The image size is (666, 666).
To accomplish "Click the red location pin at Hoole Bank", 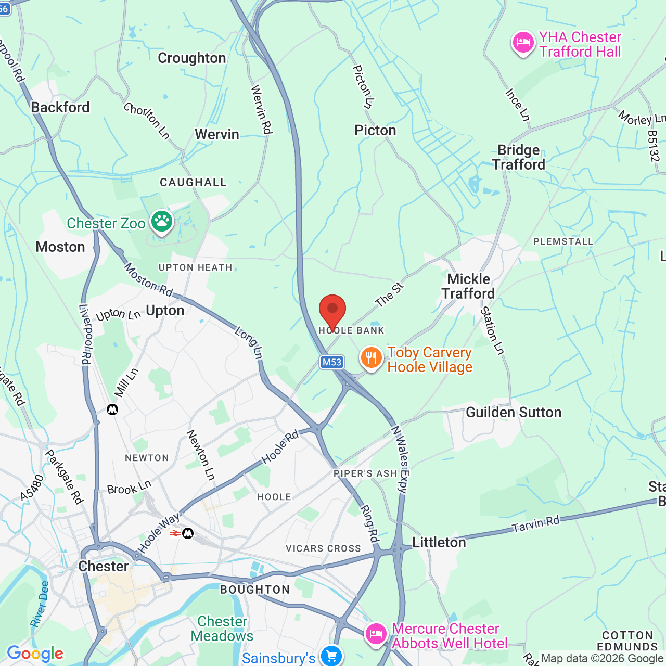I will point(332,311).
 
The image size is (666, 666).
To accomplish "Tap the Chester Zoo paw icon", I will point(161,222).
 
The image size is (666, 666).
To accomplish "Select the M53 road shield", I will point(332,362).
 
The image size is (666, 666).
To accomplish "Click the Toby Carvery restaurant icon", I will point(371,358).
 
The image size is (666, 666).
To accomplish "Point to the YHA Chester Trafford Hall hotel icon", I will point(523,43).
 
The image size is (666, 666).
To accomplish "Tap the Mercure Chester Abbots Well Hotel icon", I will point(376,634).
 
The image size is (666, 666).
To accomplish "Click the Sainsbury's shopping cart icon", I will point(331,656).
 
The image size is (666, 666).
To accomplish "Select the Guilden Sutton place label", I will point(514,413).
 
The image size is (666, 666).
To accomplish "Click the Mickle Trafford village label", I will point(468,286).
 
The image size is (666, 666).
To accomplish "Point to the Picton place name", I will point(375,130).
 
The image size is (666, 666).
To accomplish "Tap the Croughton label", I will point(191,58).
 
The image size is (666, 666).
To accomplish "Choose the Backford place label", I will point(60,107).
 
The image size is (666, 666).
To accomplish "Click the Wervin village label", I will point(217,134).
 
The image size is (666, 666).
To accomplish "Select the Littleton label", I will point(439,543).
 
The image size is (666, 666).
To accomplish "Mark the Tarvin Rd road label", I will point(536,524).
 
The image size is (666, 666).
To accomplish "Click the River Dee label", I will point(39,604).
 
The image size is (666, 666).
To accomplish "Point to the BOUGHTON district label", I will point(255,590).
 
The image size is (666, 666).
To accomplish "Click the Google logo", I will point(35,654).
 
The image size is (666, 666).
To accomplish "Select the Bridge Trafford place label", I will point(519,157).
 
